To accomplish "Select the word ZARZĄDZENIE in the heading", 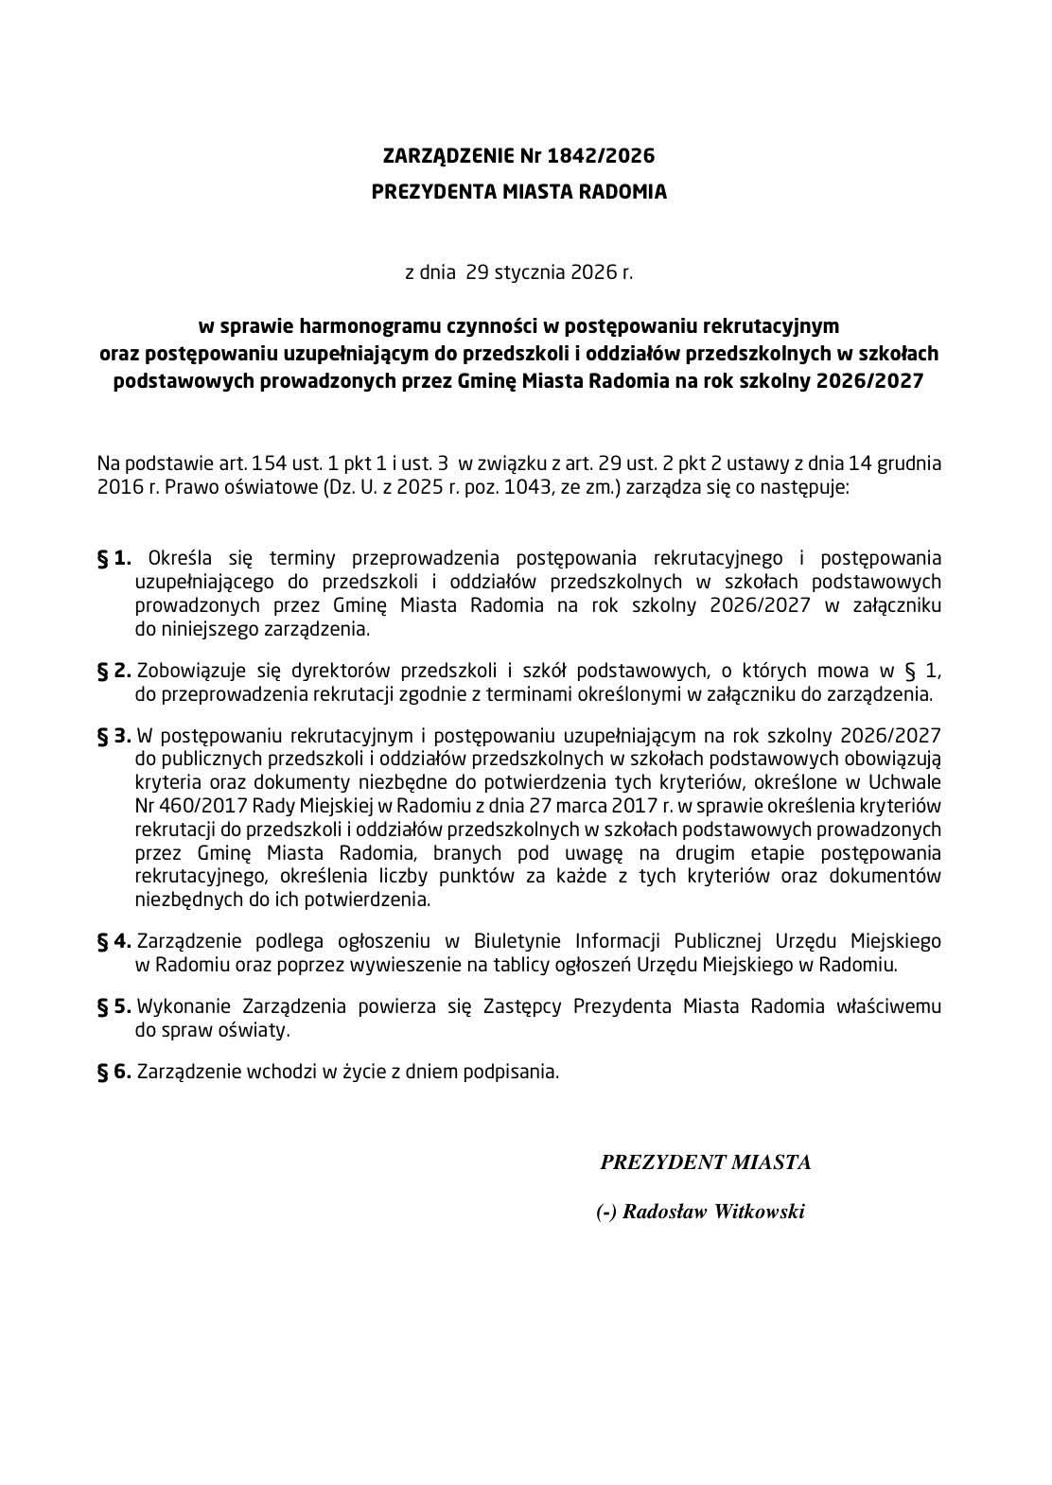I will point(444,155).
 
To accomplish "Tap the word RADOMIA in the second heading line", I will point(623,192).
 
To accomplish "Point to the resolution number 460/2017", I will point(196,806).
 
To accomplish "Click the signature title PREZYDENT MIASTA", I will point(705,1162).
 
